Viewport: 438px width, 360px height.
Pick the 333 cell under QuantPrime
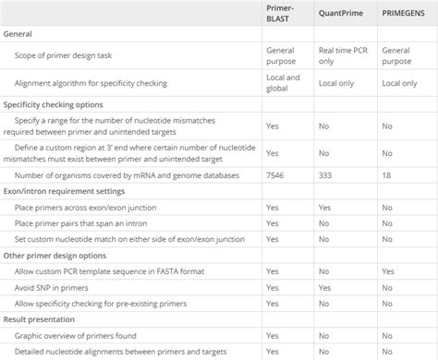324,175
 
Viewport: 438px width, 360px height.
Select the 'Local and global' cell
283,83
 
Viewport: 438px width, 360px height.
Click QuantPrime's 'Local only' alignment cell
337,83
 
